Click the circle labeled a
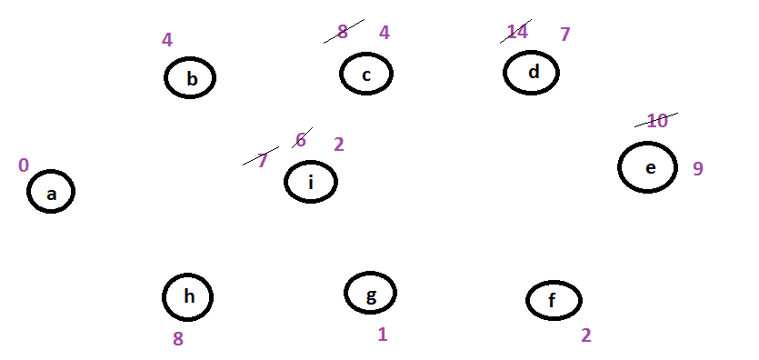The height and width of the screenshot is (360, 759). coord(27,192)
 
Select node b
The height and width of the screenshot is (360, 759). coord(165,78)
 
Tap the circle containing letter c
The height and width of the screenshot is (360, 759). coord(340,74)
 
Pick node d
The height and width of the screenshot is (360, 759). coord(504,73)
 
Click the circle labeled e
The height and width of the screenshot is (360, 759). coord(619,167)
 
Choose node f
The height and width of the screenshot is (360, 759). coord(527,301)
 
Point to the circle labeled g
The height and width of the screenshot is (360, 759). coord(345,293)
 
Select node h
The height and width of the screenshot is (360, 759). coord(163,297)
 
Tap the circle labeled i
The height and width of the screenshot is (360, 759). coord(285,182)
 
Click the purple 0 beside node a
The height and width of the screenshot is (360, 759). coord(24,165)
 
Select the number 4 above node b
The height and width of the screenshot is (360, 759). coord(167,40)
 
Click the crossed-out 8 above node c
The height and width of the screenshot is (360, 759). coord(342,32)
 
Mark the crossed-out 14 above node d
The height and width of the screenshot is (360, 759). coord(517,32)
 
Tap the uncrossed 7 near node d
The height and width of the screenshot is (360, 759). coord(564,35)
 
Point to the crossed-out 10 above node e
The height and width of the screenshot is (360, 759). coord(657,121)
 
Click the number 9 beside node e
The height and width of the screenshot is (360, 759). coord(697,168)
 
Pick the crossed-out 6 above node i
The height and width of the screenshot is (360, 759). coord(301,140)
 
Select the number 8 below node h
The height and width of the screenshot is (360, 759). coord(178,339)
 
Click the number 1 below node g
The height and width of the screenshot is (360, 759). coord(383,335)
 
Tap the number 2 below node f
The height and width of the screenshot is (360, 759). coord(586,335)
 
